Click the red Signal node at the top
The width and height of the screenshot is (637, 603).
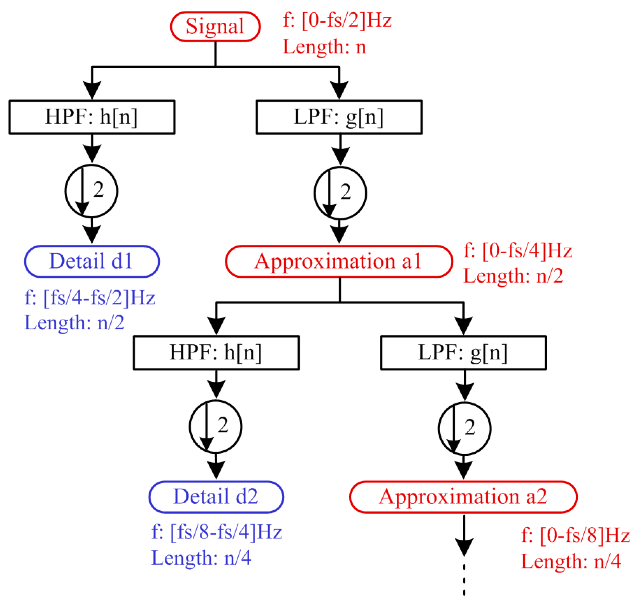point(215,26)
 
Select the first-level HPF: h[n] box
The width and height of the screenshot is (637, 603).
point(92,117)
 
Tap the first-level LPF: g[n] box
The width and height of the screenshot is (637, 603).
point(339,117)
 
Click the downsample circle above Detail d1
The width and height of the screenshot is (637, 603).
point(91,191)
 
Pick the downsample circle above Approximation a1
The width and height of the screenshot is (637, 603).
point(340,193)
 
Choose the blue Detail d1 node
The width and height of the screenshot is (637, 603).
point(92,261)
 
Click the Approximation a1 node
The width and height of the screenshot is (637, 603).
point(339,261)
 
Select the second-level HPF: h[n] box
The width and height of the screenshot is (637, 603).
point(216,353)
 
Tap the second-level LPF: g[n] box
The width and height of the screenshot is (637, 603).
point(463,353)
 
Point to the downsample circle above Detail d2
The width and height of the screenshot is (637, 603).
point(215,426)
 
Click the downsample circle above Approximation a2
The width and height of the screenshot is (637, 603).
point(464,428)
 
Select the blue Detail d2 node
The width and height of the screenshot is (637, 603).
point(216,497)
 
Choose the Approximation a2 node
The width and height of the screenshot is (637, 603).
point(463,497)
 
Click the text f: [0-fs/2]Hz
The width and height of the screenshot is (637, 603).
point(337,21)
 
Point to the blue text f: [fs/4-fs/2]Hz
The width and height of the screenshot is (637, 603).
point(90,298)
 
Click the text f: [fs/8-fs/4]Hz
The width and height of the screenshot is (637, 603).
point(216,532)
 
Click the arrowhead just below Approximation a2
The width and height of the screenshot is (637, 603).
point(464,547)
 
